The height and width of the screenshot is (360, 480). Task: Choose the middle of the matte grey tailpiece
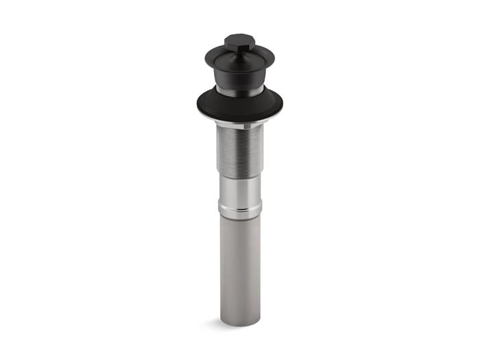click(241, 267)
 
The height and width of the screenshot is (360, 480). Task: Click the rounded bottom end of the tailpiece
click(241, 322)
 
